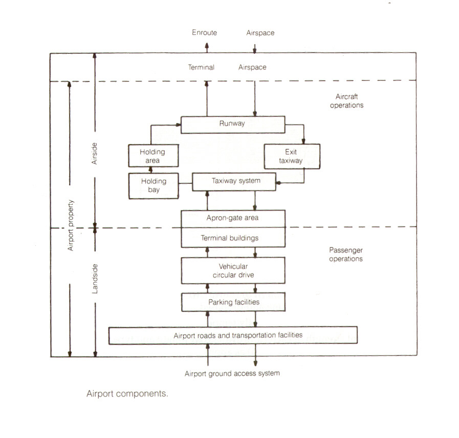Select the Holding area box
[152, 155]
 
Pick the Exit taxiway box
[291, 156]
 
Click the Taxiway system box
[234, 181]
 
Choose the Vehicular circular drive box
[233, 270]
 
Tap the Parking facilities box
[233, 302]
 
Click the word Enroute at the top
[204, 33]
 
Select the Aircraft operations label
[349, 101]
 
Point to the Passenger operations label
[346, 255]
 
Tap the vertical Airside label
[95, 153]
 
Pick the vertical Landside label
[95, 279]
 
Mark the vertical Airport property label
[70, 225]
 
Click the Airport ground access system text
[232, 373]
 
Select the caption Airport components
[127, 394]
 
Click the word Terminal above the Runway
[201, 67]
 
